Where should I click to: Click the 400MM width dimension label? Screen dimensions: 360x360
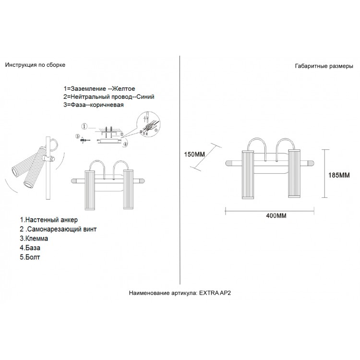click(x=276, y=216)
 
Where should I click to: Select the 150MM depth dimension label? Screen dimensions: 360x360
click(x=194, y=155)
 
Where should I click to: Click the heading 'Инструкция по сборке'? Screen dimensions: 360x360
click(x=35, y=64)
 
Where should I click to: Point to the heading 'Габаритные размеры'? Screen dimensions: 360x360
click(x=324, y=67)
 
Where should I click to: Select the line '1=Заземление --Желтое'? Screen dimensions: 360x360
click(x=99, y=89)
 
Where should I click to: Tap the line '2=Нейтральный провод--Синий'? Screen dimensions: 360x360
click(x=109, y=96)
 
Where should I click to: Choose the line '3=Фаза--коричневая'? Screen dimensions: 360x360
click(x=94, y=105)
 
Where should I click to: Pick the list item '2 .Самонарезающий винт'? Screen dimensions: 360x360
click(x=58, y=229)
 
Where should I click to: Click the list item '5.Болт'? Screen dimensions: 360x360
click(x=31, y=257)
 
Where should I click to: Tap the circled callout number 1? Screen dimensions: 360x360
click(x=84, y=127)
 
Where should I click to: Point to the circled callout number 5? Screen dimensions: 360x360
click(x=78, y=137)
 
